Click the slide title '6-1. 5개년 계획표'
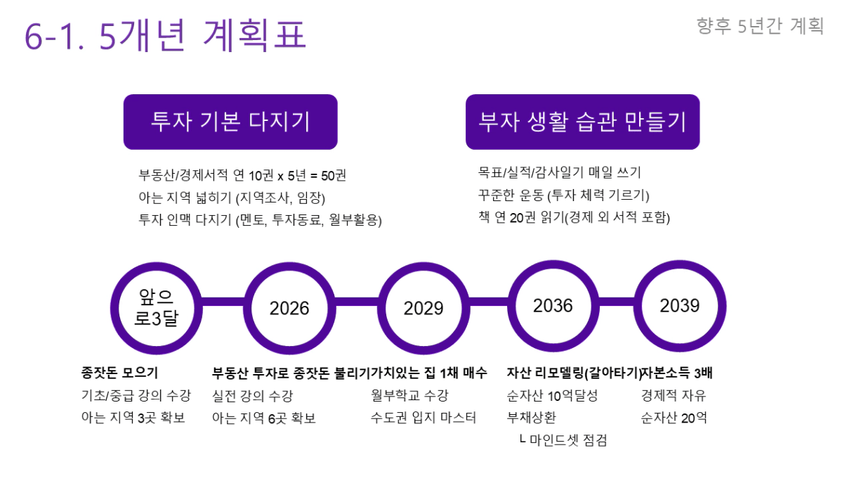pyautogui.click(x=166, y=35)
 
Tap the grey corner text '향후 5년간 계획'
pyautogui.click(x=760, y=26)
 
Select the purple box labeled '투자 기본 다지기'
pyautogui.click(x=230, y=122)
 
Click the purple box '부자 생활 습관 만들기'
pyautogui.click(x=582, y=122)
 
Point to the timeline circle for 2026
pyautogui.click(x=289, y=308)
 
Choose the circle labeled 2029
pyautogui.click(x=423, y=308)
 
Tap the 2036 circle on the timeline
pyautogui.click(x=553, y=306)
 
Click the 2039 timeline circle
pyautogui.click(x=680, y=306)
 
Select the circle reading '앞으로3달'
pyautogui.click(x=157, y=308)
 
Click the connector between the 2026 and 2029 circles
pyautogui.click(x=357, y=302)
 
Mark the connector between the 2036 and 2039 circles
pyautogui.click(x=617, y=302)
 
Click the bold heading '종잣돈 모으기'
pyautogui.click(x=119, y=373)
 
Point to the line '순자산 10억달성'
pyautogui.click(x=552, y=395)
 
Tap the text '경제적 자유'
pyautogui.click(x=674, y=395)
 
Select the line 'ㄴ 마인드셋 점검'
pyautogui.click(x=563, y=440)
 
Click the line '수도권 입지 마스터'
pyautogui.click(x=423, y=418)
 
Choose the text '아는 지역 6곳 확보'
pyautogui.click(x=264, y=418)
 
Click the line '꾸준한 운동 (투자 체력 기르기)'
pyautogui.click(x=563, y=195)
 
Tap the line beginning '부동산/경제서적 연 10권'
pyautogui.click(x=242, y=175)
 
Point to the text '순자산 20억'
pyautogui.click(x=674, y=418)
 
